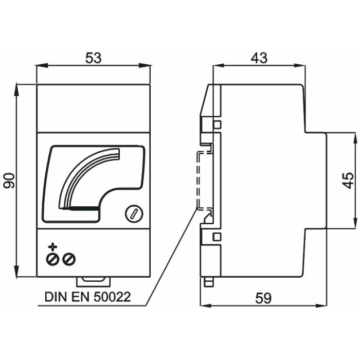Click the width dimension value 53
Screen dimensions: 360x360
pos(94,58)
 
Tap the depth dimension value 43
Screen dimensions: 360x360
pos(258,58)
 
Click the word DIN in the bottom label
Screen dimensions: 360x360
pos(55,297)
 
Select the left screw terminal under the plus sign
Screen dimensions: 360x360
pos(52,259)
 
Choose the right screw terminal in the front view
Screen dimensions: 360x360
pos(68,259)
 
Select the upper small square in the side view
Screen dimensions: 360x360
pos(217,124)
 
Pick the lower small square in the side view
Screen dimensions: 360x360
pos(217,237)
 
